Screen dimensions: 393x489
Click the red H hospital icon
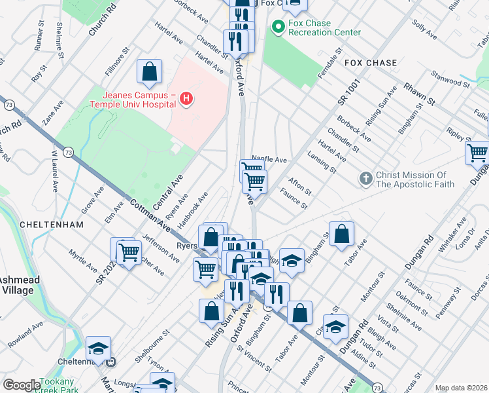(186, 99)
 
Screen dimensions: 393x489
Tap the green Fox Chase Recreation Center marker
(278, 27)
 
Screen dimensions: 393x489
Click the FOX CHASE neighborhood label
(371, 64)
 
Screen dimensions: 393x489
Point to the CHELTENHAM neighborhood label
(52, 224)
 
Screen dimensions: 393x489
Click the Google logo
(21, 385)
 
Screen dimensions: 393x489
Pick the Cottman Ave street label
(150, 215)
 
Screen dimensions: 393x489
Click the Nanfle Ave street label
(269, 160)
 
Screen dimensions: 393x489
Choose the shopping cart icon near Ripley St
(478, 153)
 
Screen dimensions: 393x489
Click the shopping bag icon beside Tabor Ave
(341, 234)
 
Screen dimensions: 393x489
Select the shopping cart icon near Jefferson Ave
(129, 251)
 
